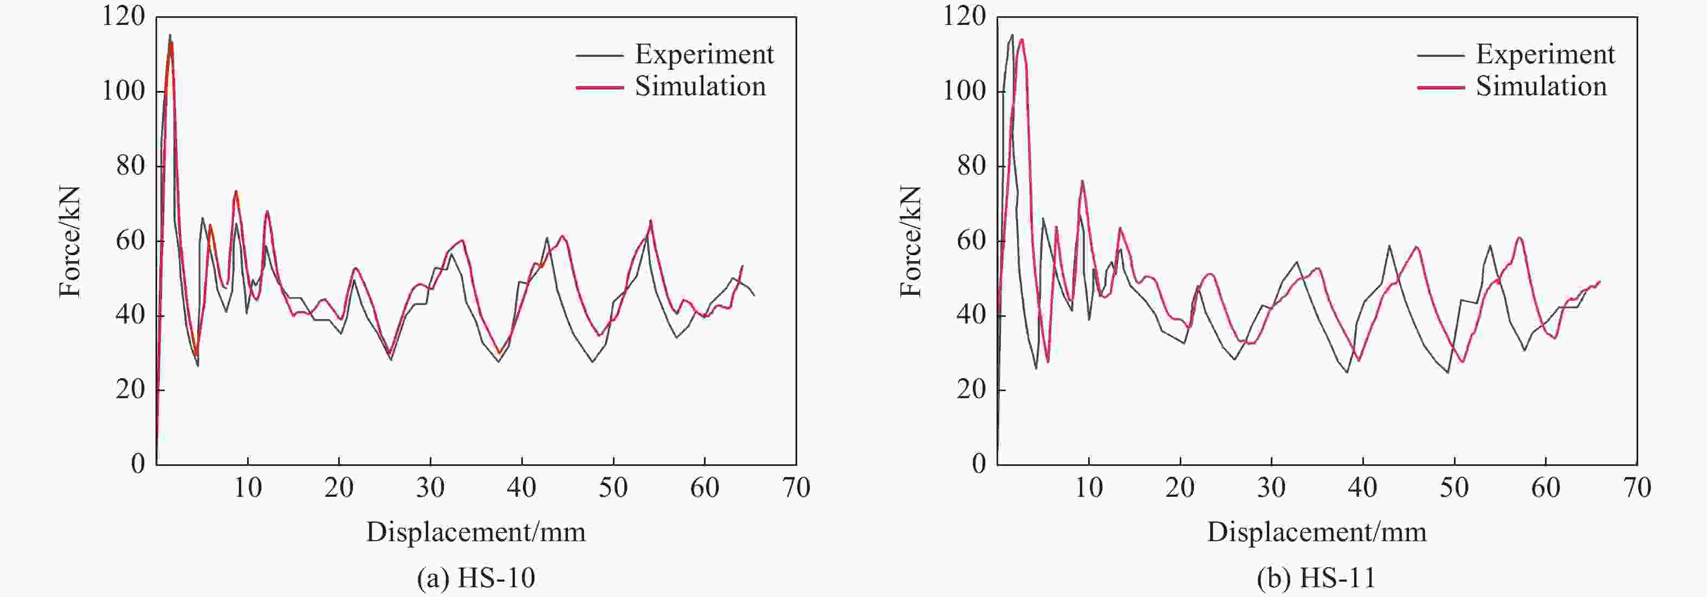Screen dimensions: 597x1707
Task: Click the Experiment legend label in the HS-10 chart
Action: [x=704, y=54]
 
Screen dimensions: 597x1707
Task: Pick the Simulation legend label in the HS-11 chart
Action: [x=1541, y=87]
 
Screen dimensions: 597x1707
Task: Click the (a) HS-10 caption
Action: [x=476, y=578]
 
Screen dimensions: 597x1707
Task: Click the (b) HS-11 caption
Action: [x=1316, y=578]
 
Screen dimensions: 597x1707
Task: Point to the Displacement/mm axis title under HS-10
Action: [x=476, y=532]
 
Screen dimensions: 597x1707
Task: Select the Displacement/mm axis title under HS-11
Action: [x=1316, y=532]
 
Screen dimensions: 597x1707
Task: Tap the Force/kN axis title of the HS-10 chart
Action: [x=69, y=242]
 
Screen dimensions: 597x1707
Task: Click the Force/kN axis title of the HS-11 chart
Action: [x=910, y=242]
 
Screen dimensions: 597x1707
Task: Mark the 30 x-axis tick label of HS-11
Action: [x=1271, y=488]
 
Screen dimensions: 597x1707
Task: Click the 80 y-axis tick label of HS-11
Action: [x=972, y=166]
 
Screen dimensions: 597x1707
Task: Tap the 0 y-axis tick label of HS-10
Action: [x=138, y=464]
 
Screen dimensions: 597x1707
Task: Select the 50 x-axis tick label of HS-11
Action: [x=1454, y=488]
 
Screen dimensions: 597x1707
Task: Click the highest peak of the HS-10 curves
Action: [x=170, y=35]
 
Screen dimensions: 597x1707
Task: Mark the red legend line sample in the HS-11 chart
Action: [x=1440, y=87]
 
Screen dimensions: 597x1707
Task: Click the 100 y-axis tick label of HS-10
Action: [x=123, y=92]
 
